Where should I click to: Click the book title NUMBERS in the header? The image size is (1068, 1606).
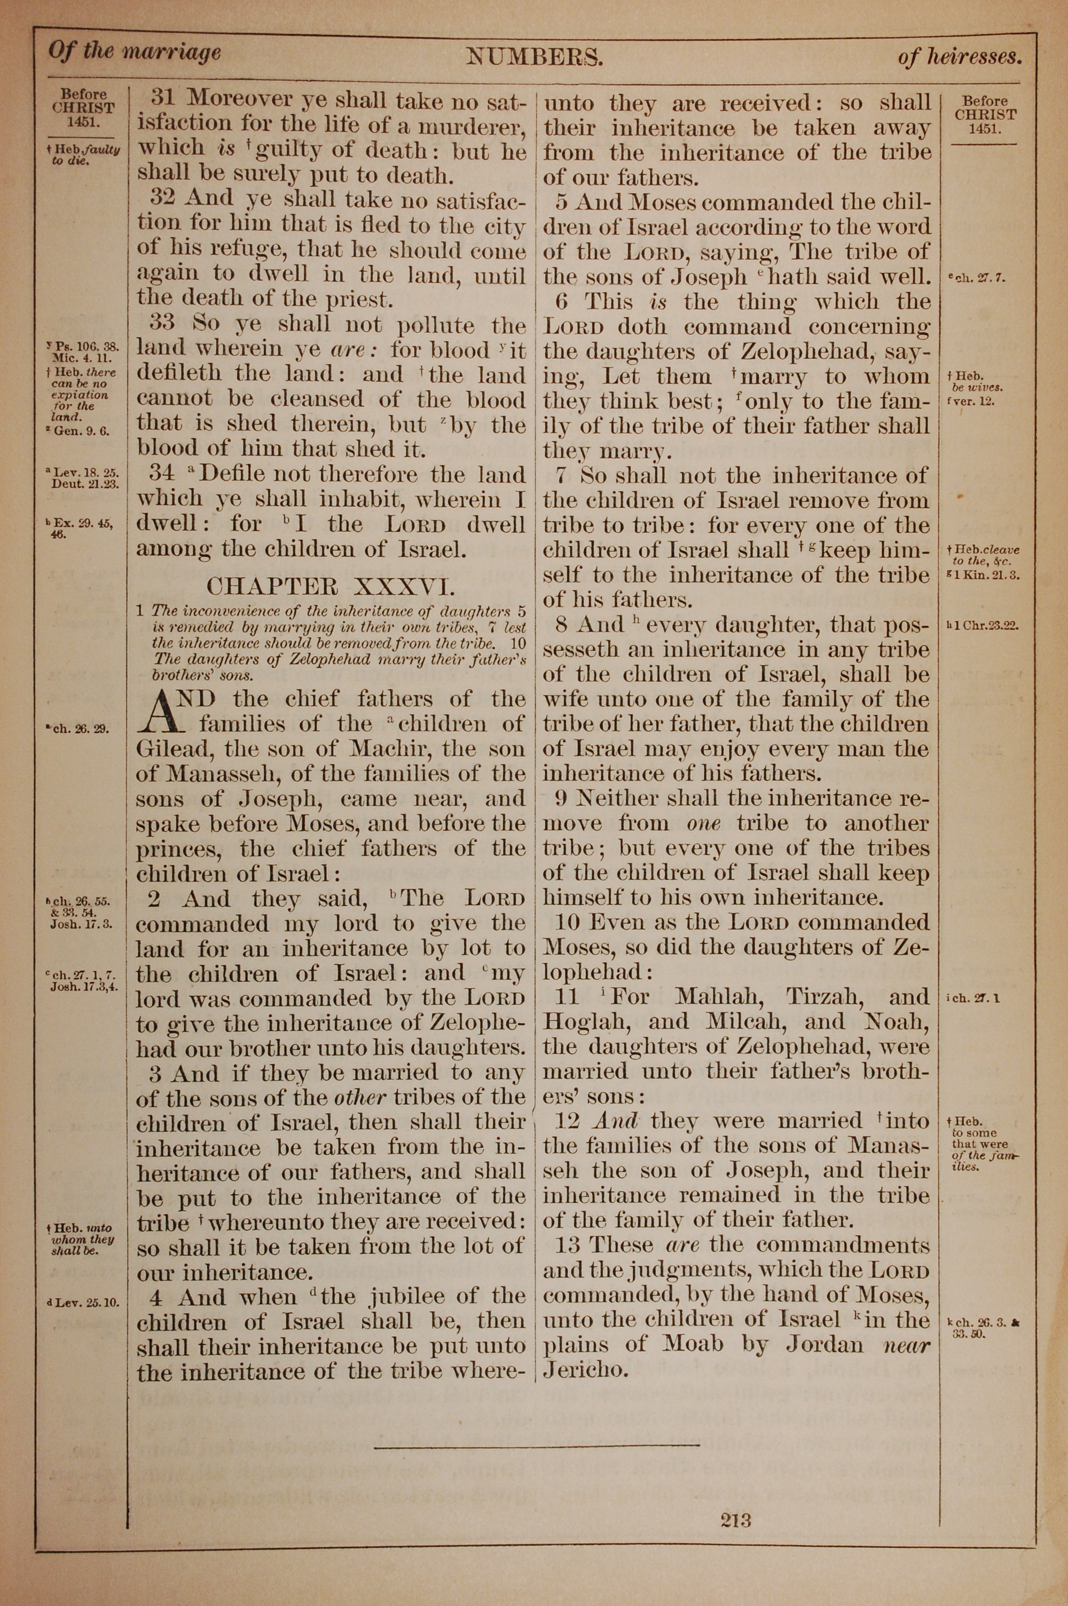click(x=535, y=57)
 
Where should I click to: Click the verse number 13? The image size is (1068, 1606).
click(x=567, y=1245)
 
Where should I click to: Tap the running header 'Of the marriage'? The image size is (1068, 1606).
click(x=134, y=52)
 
